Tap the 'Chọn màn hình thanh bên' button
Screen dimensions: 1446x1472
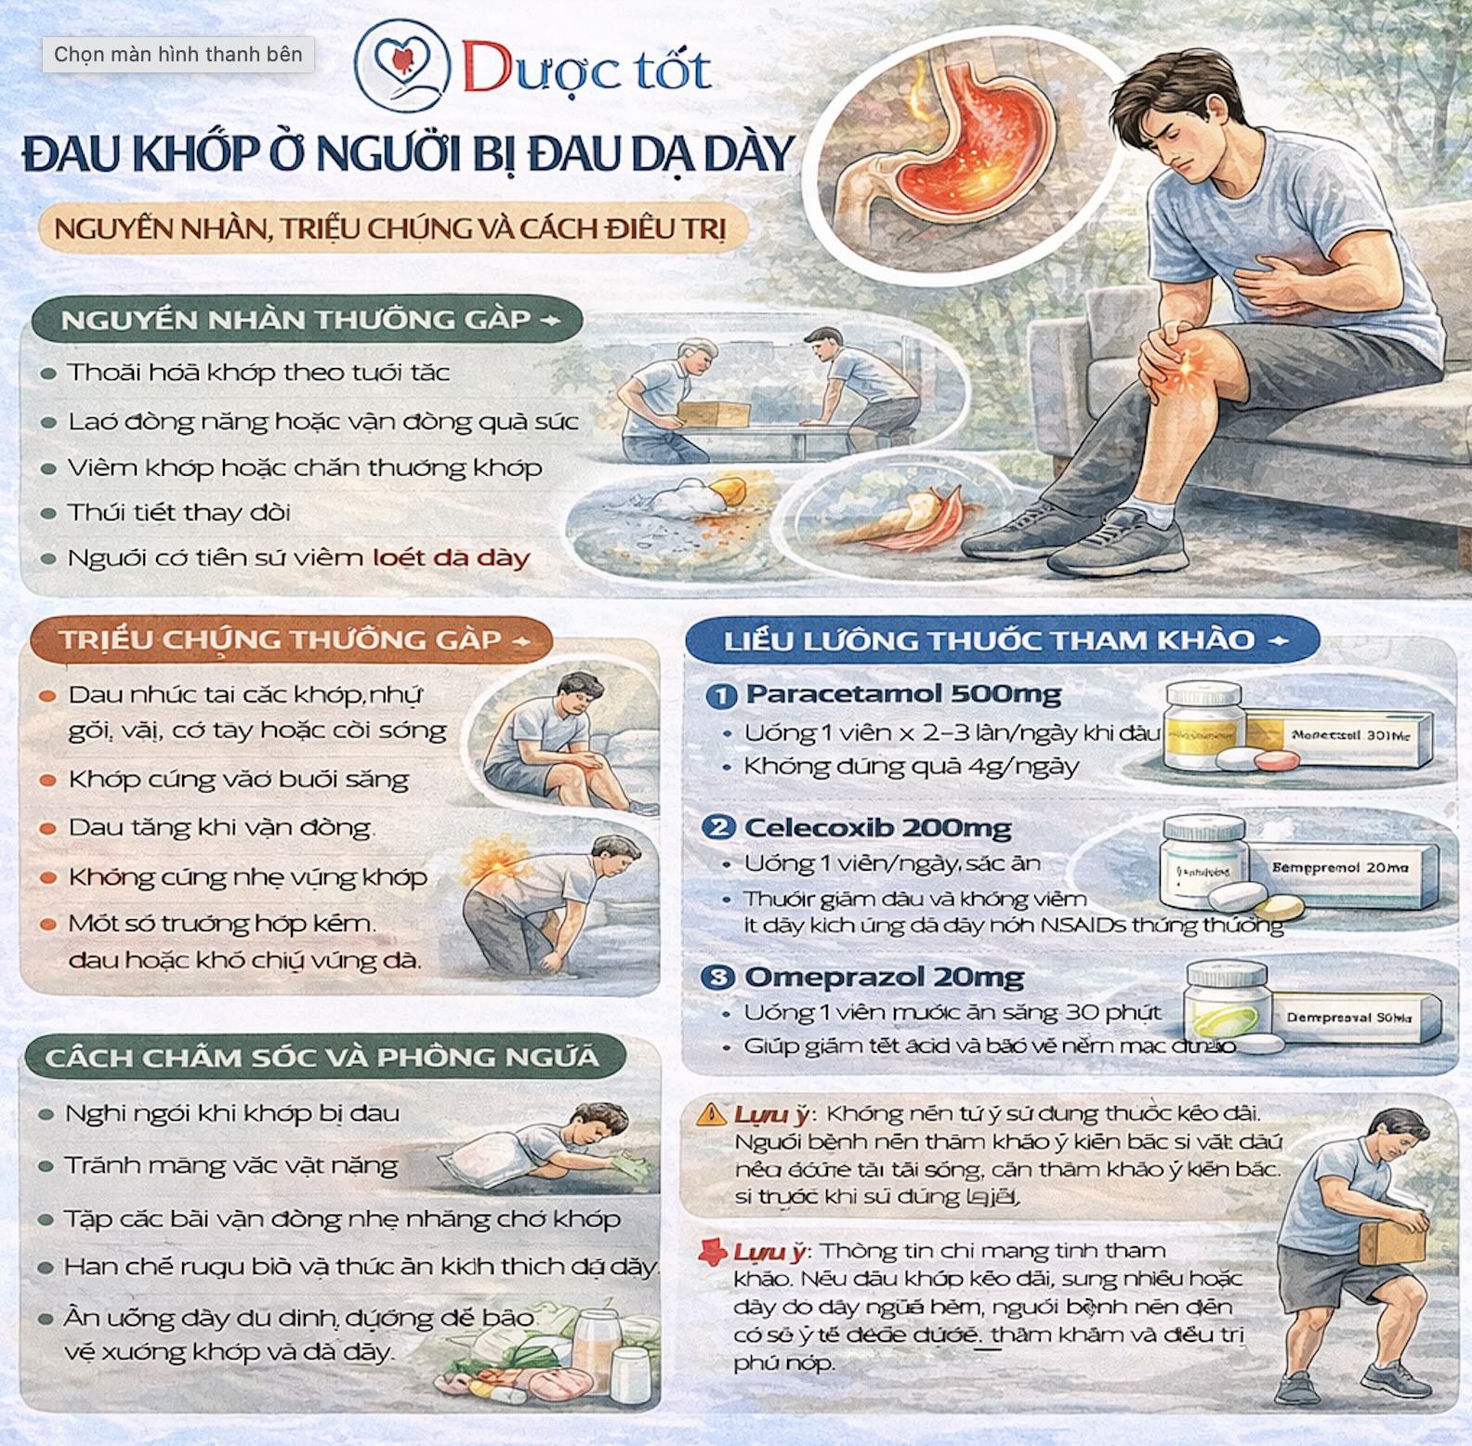click(x=178, y=55)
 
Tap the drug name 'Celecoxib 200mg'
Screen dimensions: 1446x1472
click(x=877, y=828)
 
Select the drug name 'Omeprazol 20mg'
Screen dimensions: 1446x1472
click(x=884, y=978)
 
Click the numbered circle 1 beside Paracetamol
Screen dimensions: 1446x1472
click(x=721, y=696)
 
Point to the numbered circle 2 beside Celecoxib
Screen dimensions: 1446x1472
click(x=719, y=827)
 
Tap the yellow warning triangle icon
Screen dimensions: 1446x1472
click(x=712, y=1113)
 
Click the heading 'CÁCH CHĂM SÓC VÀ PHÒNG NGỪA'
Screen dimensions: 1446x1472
click(x=322, y=1058)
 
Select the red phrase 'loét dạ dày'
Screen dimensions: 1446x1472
click(x=451, y=559)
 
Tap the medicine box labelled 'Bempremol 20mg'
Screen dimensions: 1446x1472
click(x=1342, y=870)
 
